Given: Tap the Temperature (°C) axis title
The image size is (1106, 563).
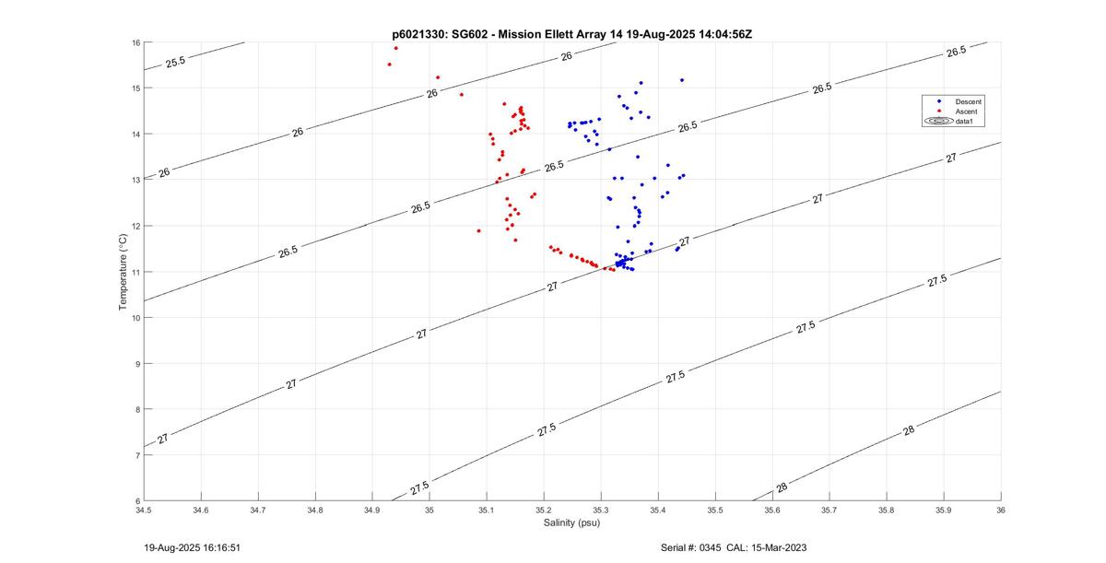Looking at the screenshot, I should coord(123,271).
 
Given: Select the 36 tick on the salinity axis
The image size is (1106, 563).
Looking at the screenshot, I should coord(1001,510).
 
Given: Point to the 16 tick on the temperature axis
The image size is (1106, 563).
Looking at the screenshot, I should coord(134,42).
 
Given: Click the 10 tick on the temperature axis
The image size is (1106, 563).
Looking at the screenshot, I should coord(134,318).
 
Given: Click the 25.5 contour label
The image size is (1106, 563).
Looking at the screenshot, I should coord(175,62).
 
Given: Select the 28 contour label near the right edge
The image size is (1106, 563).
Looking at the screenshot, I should coord(909,430).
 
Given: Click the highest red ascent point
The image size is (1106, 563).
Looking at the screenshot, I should coord(395,48).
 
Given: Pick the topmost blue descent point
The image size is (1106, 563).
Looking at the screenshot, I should coord(682,80).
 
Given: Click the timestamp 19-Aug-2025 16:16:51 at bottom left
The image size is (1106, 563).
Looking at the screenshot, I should coord(192,547).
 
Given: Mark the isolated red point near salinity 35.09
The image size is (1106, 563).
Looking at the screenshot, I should coord(478,230).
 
